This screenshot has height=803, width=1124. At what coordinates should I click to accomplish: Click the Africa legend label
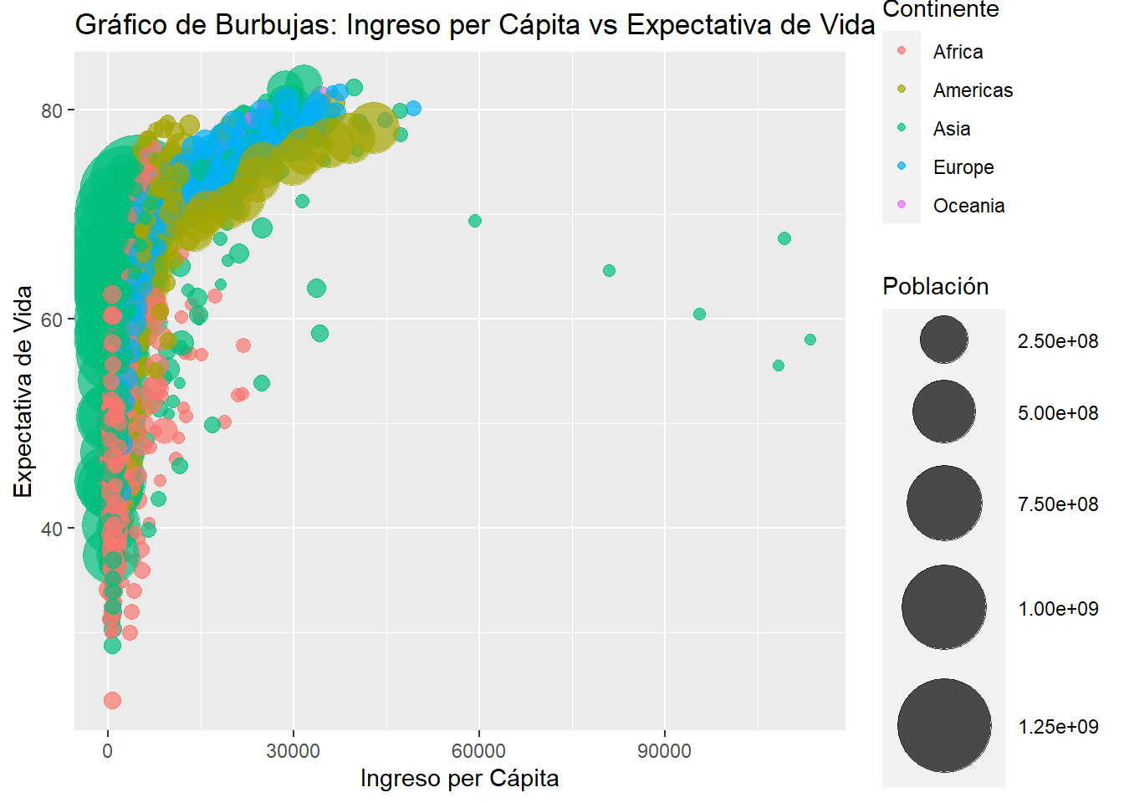pos(958,52)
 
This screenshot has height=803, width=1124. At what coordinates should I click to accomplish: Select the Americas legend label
pos(973,90)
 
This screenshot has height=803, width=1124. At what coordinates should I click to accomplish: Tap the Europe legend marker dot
pos(902,166)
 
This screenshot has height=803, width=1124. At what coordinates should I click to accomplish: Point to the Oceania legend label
pos(968,206)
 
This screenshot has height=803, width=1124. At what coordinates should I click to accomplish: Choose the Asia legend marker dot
pos(902,127)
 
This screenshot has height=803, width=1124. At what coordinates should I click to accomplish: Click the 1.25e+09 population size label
pos(1058,727)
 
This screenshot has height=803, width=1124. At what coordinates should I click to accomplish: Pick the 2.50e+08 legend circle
pos(944,340)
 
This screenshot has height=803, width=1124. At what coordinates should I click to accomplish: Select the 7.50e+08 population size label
pos(1058,504)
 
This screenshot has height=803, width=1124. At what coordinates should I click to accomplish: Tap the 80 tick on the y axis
pos(52,110)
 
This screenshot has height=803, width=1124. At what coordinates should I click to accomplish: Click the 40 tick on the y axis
pos(52,529)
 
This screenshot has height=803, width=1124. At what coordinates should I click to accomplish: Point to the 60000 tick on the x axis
pos(478,751)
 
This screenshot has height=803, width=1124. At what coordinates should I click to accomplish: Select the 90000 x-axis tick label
pos(664,751)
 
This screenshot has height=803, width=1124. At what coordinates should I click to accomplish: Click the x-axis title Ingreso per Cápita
pos(459,779)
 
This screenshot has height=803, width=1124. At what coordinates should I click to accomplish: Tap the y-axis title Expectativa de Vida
pos(23,391)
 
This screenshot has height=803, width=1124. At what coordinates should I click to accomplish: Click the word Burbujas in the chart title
pos(276,25)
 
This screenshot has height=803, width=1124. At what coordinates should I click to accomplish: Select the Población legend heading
pos(935,287)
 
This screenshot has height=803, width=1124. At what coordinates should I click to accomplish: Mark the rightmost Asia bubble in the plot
pos(810,340)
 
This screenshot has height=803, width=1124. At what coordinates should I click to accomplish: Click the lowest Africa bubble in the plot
pos(112,700)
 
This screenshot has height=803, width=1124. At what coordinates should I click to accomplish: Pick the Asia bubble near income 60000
pos(475,221)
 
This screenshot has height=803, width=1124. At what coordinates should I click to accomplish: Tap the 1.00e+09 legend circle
pos(944,607)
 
